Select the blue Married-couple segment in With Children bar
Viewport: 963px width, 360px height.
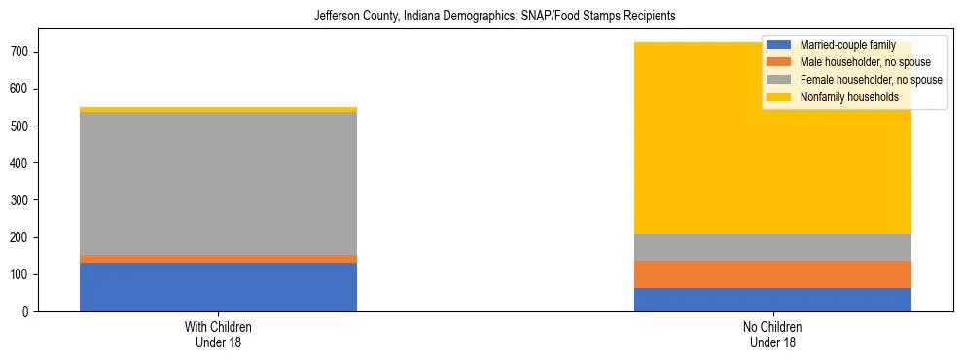pos(218,287)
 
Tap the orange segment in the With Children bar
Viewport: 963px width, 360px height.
pos(218,259)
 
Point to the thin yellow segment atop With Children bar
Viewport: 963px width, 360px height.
pos(218,110)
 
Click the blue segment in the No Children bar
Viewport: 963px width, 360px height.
pos(772,300)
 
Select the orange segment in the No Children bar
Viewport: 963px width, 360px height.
pos(772,274)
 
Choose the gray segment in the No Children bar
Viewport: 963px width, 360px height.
pos(772,247)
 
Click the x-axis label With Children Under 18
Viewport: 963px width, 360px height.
pos(218,334)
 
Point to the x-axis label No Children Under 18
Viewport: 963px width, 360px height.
pos(772,334)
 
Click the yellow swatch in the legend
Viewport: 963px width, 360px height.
pos(779,97)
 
